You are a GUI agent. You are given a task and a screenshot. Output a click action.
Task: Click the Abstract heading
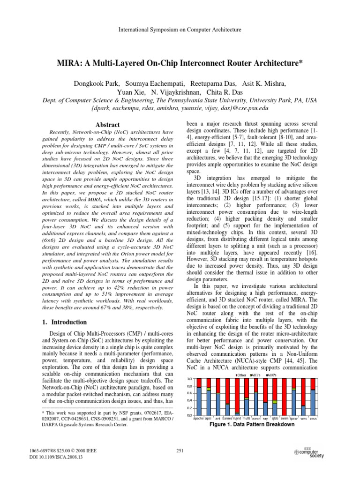[107, 125]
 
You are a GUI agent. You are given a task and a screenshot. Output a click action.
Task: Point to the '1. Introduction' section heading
[61, 322]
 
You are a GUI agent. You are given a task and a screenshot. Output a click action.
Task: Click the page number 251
[180, 450]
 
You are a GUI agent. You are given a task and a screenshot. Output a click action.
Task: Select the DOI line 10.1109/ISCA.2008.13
[52, 457]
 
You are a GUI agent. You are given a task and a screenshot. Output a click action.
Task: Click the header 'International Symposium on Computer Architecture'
[180, 30]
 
